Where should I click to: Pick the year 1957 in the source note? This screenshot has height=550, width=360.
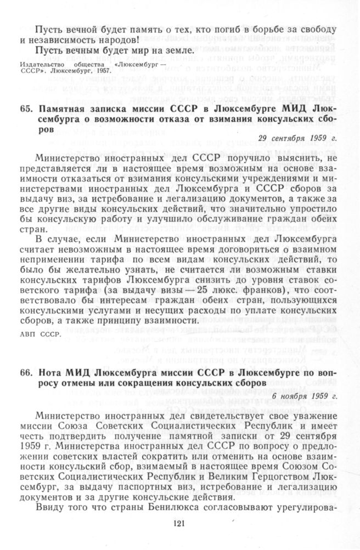point(103,71)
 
